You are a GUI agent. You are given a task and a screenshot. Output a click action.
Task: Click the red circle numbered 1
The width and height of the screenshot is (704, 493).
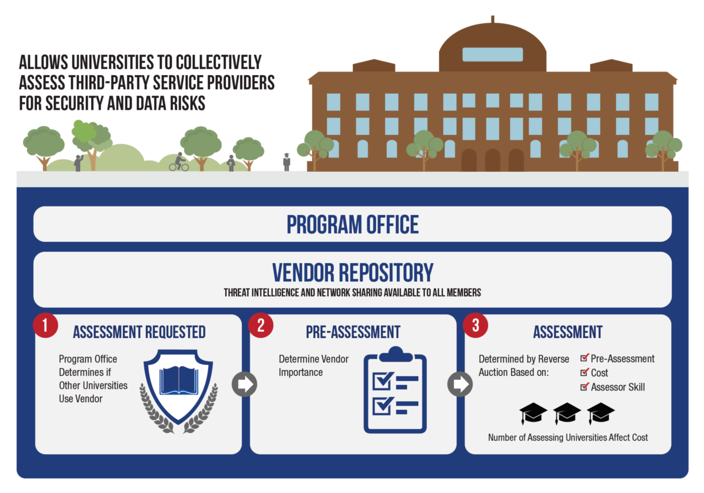click(x=45, y=325)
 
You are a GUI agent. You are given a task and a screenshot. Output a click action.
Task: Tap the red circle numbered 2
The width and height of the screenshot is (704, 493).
click(x=261, y=325)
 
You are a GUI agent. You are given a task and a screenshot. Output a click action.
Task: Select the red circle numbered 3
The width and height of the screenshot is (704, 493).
click(x=476, y=325)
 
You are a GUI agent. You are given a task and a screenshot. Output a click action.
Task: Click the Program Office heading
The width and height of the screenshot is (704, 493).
click(x=353, y=224)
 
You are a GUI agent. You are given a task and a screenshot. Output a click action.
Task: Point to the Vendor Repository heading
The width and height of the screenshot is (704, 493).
click(x=353, y=272)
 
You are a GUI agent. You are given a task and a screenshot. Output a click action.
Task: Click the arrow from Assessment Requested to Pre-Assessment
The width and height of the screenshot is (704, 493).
click(x=244, y=384)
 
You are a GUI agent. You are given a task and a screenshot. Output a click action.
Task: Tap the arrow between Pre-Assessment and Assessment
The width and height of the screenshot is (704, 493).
click(x=460, y=384)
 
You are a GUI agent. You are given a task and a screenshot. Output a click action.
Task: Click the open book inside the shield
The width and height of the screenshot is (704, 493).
click(x=179, y=380)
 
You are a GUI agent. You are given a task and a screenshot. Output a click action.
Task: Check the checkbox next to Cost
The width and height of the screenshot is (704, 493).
click(x=584, y=372)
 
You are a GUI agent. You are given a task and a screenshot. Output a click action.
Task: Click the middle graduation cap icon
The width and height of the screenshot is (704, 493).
click(x=567, y=413)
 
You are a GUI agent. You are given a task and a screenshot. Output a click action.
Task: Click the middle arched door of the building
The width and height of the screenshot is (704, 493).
click(x=492, y=160)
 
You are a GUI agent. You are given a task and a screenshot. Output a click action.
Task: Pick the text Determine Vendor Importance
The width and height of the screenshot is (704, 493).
click(x=313, y=365)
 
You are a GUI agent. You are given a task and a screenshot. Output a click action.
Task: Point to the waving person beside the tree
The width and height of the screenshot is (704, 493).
click(x=79, y=163)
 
